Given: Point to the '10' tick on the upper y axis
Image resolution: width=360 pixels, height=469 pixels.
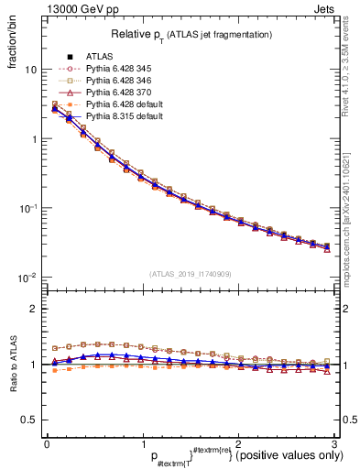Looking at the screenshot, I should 30,71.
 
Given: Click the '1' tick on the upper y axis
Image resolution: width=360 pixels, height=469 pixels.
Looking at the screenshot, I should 33,139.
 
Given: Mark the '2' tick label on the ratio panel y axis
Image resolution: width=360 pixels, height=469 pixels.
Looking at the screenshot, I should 33,310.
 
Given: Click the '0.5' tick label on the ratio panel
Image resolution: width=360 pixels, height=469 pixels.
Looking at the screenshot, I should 27,420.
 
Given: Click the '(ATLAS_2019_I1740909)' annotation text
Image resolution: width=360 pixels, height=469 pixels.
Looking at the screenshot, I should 190,274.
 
